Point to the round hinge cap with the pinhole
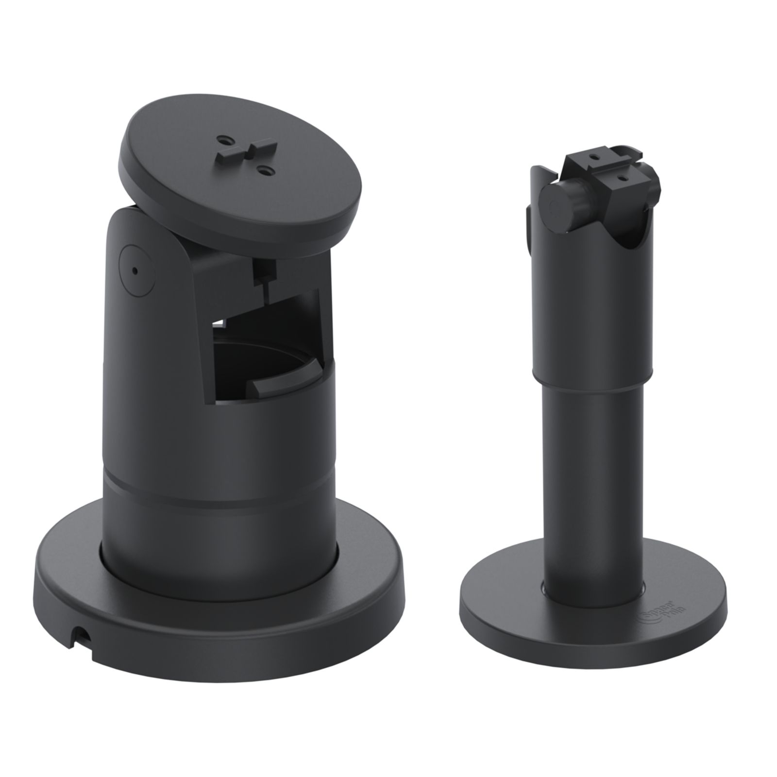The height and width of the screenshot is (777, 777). coord(136,270)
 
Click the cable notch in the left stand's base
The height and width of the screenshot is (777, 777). coord(81,632)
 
